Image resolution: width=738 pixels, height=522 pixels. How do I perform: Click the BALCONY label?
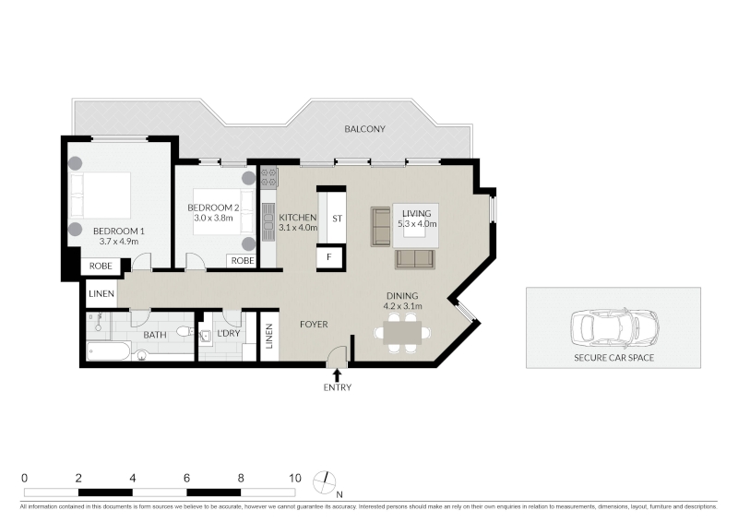pos(364,129)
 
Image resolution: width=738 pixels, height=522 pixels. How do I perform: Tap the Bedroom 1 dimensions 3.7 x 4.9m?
pos(119,242)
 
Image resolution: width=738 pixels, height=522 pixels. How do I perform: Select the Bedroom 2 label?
pos(213,208)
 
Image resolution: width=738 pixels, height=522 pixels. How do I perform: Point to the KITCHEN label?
pos(297,218)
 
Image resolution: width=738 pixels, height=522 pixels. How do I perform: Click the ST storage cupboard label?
pos(337,219)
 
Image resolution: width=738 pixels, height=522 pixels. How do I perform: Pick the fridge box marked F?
pos(329,257)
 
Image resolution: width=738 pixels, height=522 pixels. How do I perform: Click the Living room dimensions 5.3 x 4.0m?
pos(417,224)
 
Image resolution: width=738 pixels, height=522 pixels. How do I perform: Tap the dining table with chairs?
pos(402,333)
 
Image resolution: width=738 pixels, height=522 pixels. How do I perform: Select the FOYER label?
pos(314,325)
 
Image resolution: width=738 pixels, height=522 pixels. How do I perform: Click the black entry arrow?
pos(337,375)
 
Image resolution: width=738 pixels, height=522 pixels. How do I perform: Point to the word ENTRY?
pos(338,387)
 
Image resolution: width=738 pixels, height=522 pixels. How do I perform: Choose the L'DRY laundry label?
pos(229,333)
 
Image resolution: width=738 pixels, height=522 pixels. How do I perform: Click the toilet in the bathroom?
pos(184,331)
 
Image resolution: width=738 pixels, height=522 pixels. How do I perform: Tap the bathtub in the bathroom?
pos(108,351)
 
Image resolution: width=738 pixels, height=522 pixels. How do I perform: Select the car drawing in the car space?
pos(614,327)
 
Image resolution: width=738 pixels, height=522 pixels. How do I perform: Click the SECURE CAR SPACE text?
pos(613,358)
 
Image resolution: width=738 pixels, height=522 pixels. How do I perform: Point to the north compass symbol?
pos(325,483)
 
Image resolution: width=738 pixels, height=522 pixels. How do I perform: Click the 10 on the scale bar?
pos(294,479)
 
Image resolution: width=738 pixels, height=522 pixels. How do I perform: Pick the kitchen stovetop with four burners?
pos(269,178)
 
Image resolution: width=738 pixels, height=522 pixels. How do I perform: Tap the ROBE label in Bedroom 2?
pos(243,261)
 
